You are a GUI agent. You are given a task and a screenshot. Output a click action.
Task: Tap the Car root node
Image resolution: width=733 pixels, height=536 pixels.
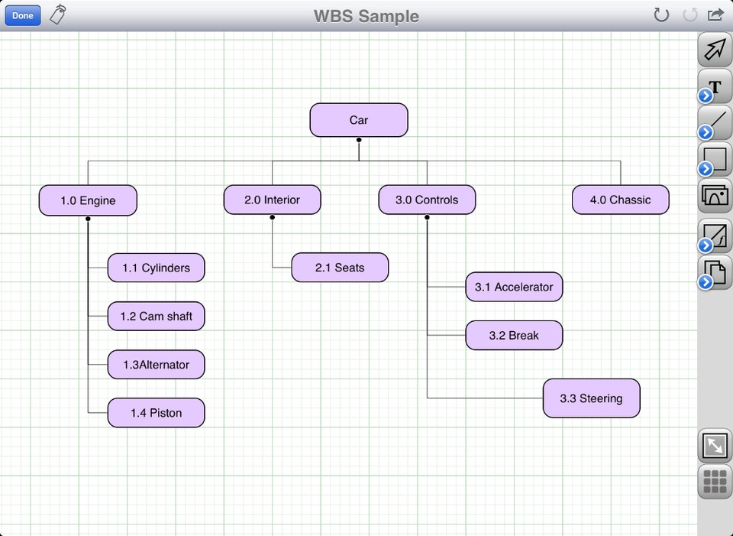coord(359,120)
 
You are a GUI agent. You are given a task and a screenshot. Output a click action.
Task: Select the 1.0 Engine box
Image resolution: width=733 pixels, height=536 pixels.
coord(88,200)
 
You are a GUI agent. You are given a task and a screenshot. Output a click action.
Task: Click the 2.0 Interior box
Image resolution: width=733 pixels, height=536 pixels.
coord(272,200)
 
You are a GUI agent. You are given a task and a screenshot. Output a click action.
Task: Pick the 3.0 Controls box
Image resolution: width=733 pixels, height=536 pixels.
coord(427,200)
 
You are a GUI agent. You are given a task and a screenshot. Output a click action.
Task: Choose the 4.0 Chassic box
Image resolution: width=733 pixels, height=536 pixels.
coord(620,200)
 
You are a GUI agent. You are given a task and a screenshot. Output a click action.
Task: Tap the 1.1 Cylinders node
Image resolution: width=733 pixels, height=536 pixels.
coord(156,268)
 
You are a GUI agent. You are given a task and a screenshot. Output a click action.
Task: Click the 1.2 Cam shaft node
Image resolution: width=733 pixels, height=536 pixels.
coord(156,316)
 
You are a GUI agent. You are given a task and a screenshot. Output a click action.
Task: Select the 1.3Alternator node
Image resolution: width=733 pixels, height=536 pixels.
coord(156,365)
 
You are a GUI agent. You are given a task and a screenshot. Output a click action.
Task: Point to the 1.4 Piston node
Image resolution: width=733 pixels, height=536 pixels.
coord(156,413)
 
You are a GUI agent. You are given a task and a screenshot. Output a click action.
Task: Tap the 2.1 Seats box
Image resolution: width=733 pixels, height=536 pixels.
coord(340,268)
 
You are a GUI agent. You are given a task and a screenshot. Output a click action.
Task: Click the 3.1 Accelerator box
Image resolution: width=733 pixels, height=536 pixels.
coord(514,287)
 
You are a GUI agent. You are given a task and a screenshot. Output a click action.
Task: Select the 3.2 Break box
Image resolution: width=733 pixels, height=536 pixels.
coord(514,335)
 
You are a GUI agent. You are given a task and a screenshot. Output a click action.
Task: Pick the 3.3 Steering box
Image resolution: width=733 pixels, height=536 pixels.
coord(591,398)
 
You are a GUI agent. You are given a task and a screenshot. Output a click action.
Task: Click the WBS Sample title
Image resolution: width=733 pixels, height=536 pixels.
coord(366,16)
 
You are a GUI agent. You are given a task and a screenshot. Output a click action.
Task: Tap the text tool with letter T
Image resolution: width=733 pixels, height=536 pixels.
coord(715,86)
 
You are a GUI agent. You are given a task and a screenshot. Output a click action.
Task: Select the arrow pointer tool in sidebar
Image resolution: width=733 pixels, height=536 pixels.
coord(715,50)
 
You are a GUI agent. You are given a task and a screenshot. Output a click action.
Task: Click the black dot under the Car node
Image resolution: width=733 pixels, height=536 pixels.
coord(359,140)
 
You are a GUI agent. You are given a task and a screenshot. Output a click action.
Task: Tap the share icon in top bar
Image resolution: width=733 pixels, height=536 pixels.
coord(715,15)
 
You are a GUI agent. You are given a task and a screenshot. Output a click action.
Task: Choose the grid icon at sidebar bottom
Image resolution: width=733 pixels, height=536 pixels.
coord(715,482)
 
